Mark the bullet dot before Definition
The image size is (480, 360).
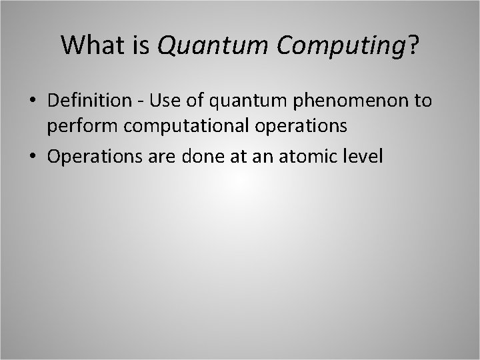point(32,101)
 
